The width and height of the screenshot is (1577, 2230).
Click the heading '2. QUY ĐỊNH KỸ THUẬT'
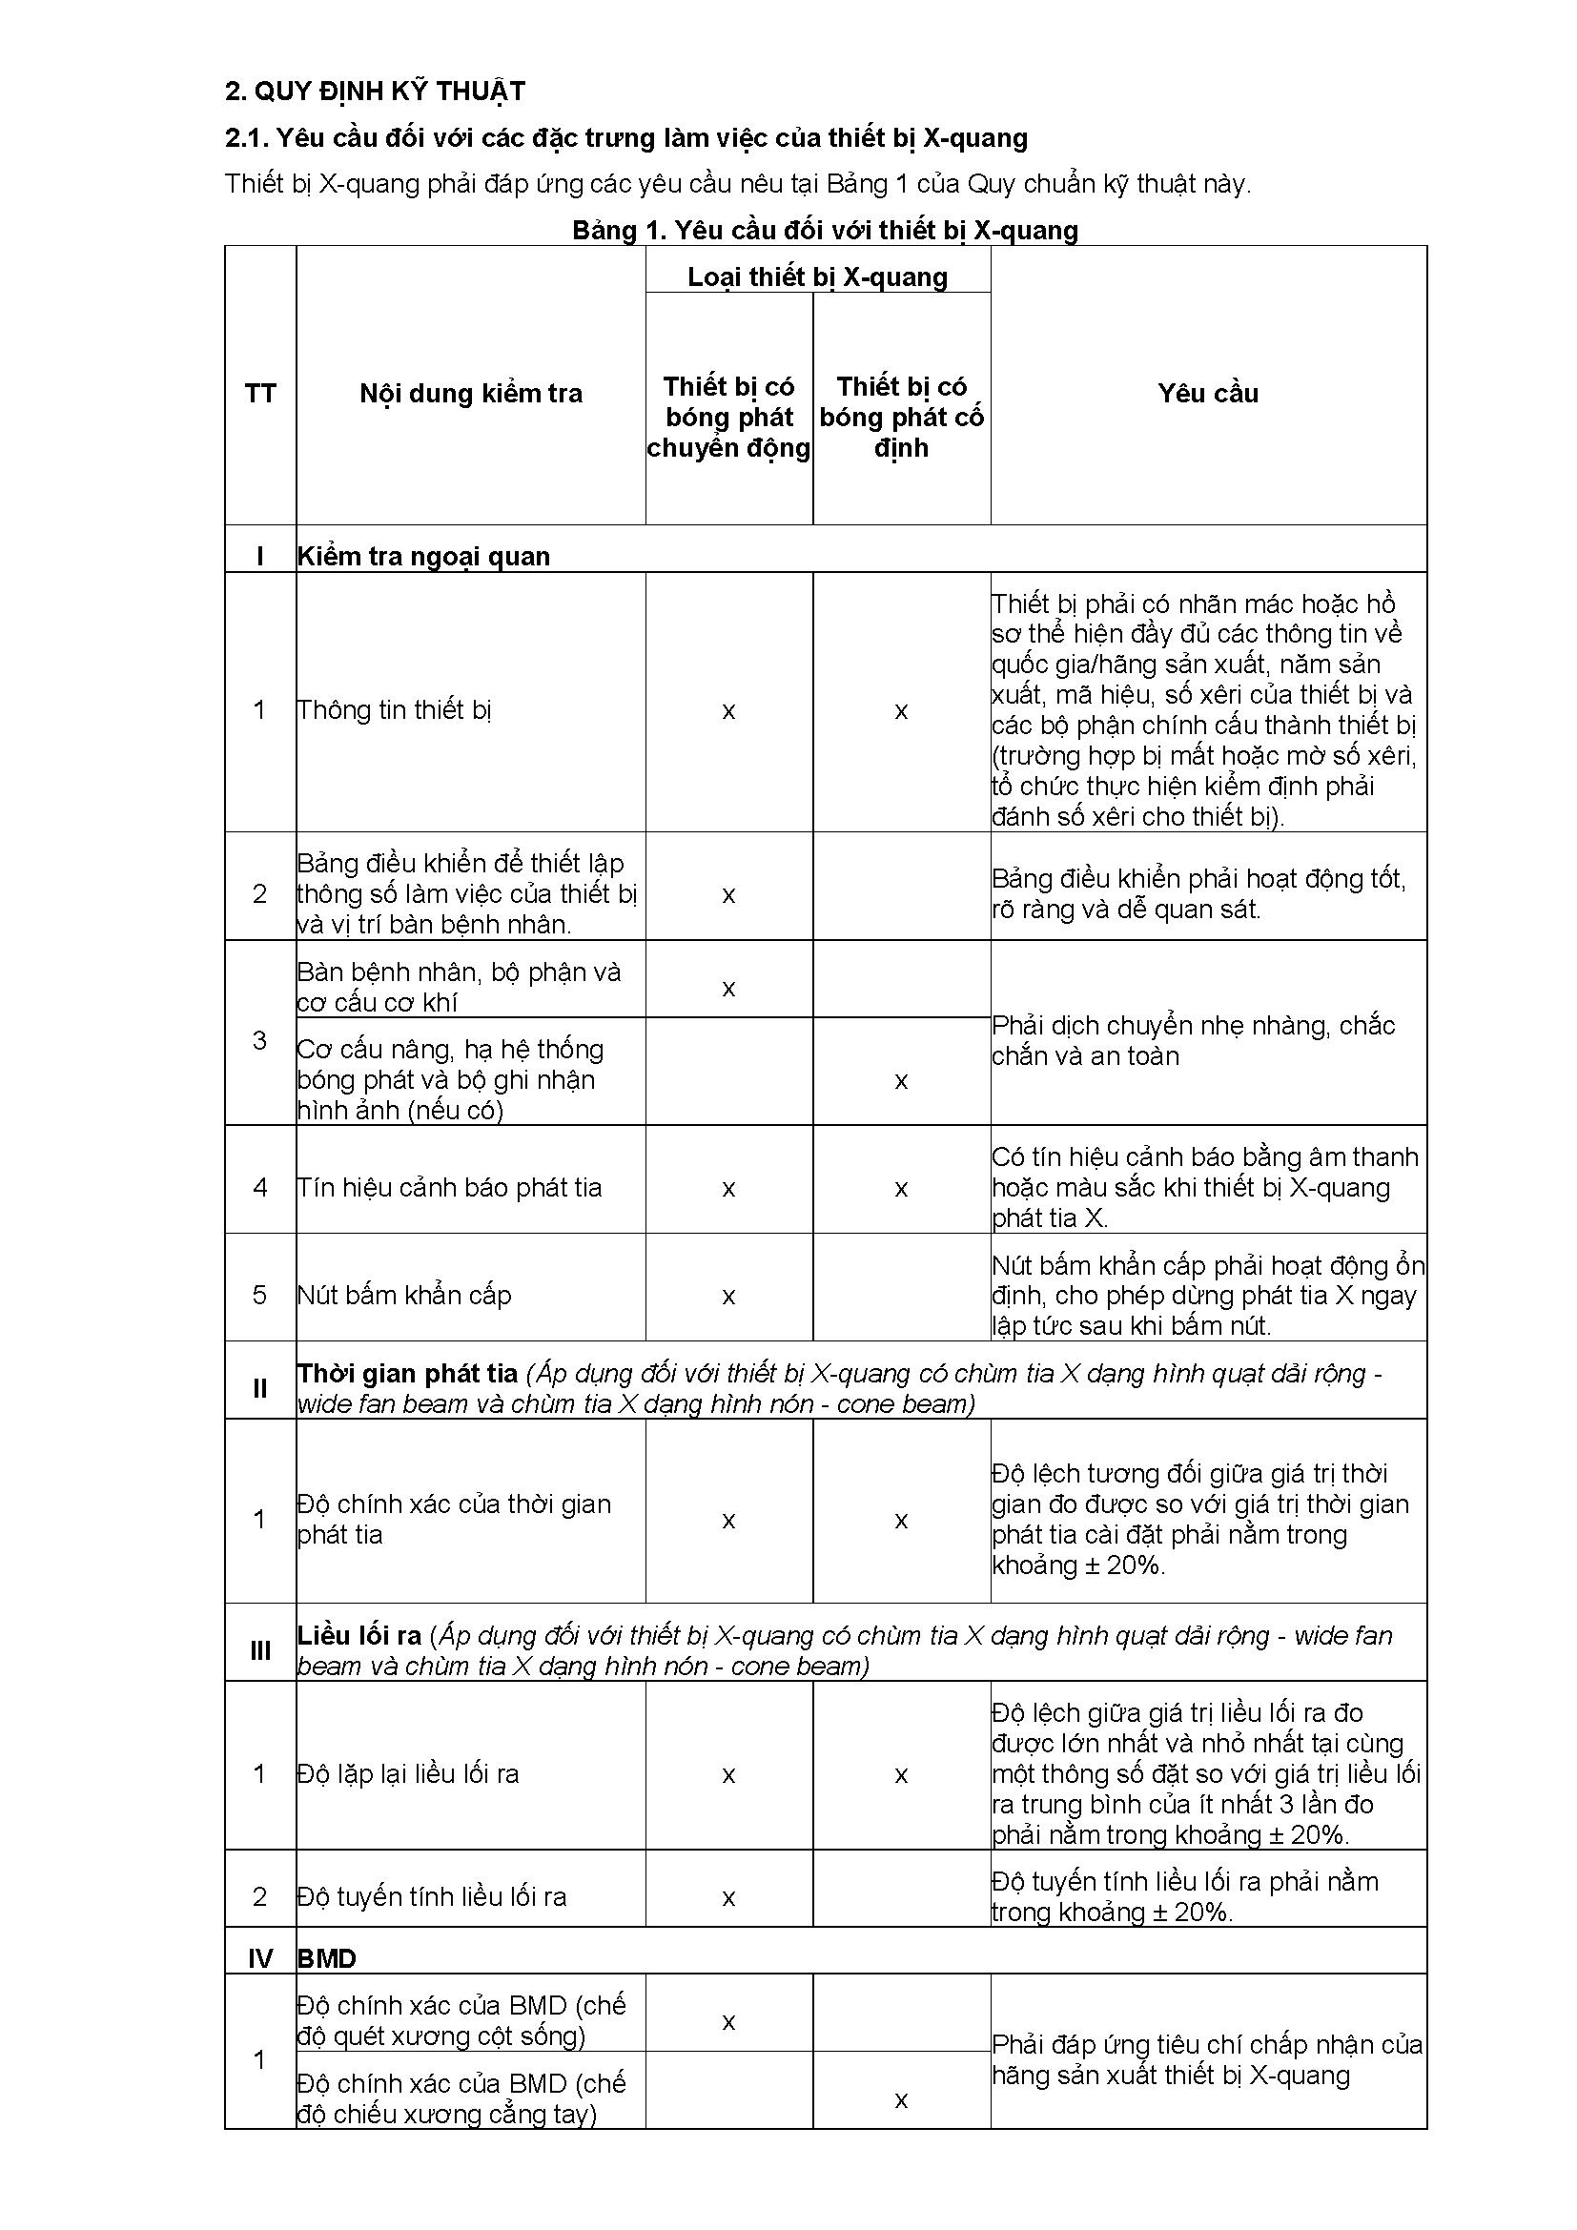[375, 92]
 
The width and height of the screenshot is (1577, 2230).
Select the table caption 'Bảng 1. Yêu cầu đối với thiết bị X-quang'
[825, 230]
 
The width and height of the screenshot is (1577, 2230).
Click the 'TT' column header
[260, 394]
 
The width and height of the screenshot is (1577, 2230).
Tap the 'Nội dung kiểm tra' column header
[471, 394]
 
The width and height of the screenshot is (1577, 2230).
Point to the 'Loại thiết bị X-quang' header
[818, 276]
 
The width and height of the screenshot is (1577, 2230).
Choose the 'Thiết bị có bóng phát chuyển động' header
[728, 417]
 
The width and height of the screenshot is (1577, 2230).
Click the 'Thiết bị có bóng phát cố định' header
[901, 417]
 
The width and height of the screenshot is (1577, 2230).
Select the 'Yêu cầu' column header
[1208, 394]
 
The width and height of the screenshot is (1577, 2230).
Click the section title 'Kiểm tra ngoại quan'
[423, 557]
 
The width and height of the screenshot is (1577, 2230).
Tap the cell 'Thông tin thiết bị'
[395, 710]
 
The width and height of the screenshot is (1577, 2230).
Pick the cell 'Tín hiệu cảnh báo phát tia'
[450, 1188]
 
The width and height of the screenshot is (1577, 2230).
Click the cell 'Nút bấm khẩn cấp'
[404, 1296]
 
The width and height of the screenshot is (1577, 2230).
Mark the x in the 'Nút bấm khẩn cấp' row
[728, 1297]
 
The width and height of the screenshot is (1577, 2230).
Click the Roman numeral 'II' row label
[260, 1389]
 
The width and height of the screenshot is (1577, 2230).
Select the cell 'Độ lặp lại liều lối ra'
[408, 1774]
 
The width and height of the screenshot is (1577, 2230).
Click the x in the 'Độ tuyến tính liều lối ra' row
[728, 1897]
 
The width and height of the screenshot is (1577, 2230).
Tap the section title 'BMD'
[327, 1959]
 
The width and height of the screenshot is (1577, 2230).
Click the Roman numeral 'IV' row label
[260, 1959]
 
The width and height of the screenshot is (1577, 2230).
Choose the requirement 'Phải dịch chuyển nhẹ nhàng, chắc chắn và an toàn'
[1194, 1040]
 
